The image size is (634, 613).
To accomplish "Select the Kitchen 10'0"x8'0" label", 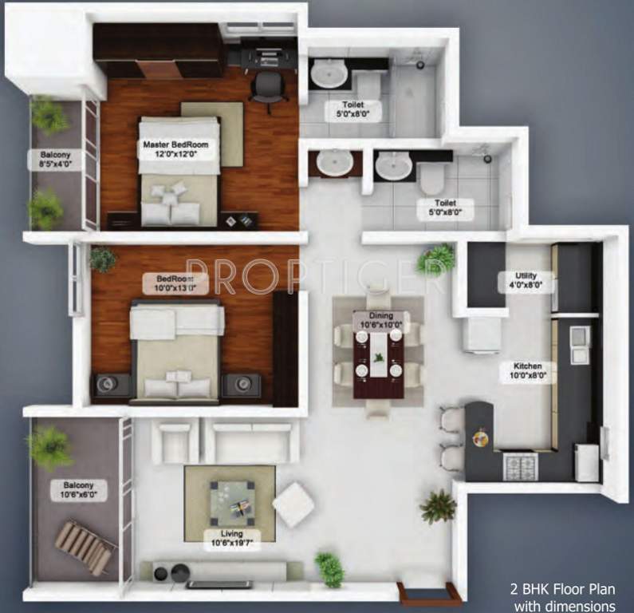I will click(524, 372).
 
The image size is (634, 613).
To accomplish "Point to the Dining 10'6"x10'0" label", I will click(380, 320).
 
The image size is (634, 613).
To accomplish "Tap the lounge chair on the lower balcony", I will click(84, 547).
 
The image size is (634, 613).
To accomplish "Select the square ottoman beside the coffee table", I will click(293, 504).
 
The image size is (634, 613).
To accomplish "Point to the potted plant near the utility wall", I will click(435, 259).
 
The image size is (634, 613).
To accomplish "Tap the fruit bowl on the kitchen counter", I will click(481, 437).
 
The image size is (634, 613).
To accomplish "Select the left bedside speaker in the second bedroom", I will click(108, 386).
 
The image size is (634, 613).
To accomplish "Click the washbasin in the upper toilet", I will click(328, 75).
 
